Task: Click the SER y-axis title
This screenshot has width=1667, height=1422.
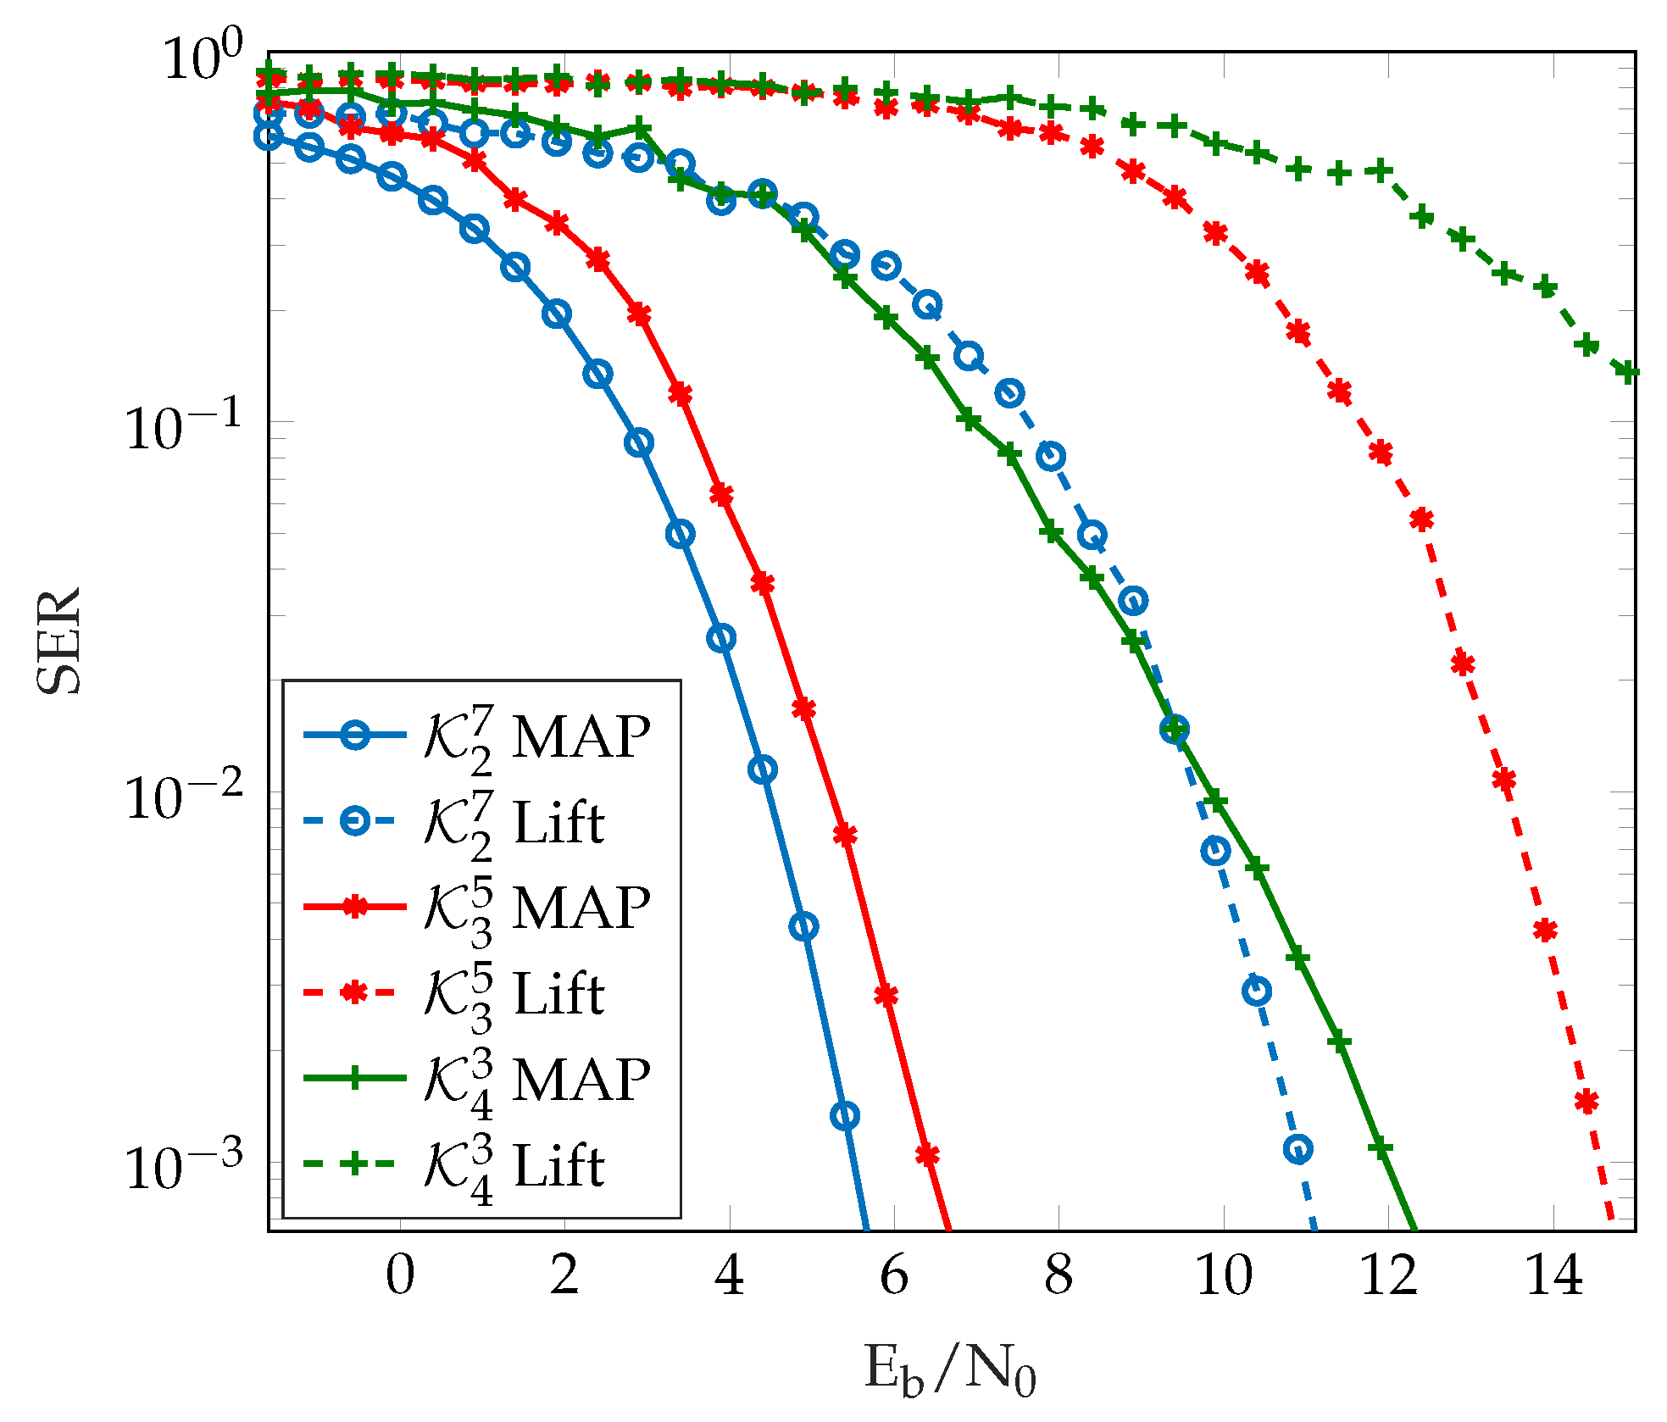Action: tap(59, 642)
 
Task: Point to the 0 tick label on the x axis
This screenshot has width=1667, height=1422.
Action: tap(399, 1275)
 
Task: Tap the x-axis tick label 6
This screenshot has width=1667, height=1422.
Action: tap(894, 1275)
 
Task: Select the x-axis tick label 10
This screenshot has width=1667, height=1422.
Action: tap(1223, 1275)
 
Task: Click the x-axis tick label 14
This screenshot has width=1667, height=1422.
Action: tap(1553, 1275)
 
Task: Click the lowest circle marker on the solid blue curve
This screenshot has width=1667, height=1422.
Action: tap(845, 1115)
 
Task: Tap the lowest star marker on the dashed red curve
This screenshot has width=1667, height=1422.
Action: tap(1586, 1102)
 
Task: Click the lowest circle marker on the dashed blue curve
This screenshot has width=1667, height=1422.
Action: tap(1298, 1149)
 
